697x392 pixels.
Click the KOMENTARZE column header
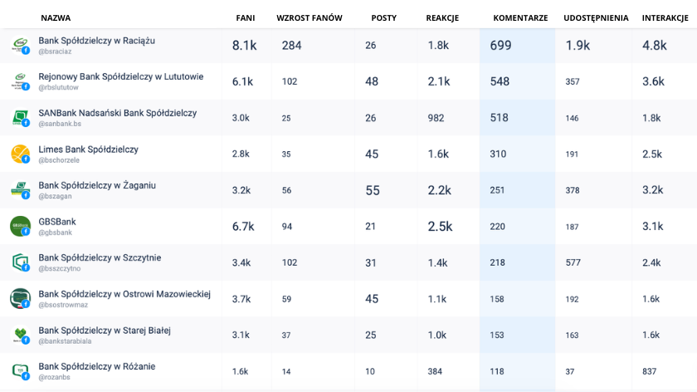(x=520, y=18)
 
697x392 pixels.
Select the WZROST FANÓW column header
(x=310, y=18)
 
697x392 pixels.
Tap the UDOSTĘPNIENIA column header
(x=596, y=18)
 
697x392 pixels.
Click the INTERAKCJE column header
(x=665, y=18)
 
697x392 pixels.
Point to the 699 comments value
(x=500, y=46)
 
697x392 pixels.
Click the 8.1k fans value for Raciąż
(x=245, y=46)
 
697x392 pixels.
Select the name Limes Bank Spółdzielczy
(x=89, y=149)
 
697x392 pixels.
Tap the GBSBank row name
(x=57, y=222)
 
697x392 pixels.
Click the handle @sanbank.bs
(x=60, y=124)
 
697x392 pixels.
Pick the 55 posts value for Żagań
(x=373, y=190)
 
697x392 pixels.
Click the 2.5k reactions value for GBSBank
(x=440, y=227)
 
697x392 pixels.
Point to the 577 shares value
(x=573, y=262)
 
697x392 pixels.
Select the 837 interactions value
(x=649, y=371)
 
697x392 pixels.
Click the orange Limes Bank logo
(x=20, y=154)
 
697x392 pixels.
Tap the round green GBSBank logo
(x=20, y=226)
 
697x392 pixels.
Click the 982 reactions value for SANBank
(x=436, y=118)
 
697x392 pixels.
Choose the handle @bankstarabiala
(x=65, y=341)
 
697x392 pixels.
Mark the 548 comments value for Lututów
(x=500, y=81)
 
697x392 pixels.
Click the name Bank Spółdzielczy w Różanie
(x=97, y=366)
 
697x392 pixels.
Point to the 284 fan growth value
(x=291, y=46)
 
